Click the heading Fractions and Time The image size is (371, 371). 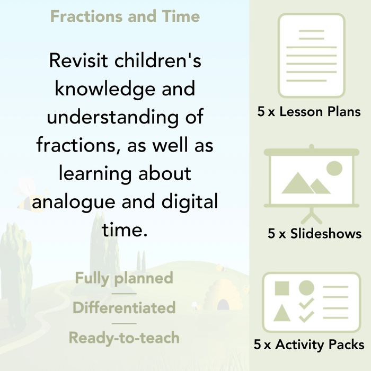tap(125, 16)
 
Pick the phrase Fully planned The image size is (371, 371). tap(124, 278)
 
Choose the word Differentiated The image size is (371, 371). tap(124, 307)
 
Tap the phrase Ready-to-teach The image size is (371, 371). tap(124, 337)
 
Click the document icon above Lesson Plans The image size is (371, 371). tap(312, 56)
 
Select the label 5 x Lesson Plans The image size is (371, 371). tap(309, 112)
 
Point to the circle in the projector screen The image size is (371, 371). tap(334, 169)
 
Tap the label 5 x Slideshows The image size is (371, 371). tap(315, 233)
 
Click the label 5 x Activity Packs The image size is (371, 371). tap(309, 345)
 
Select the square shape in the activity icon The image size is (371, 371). tap(282, 288)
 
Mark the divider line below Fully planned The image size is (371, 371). tap(124, 293)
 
